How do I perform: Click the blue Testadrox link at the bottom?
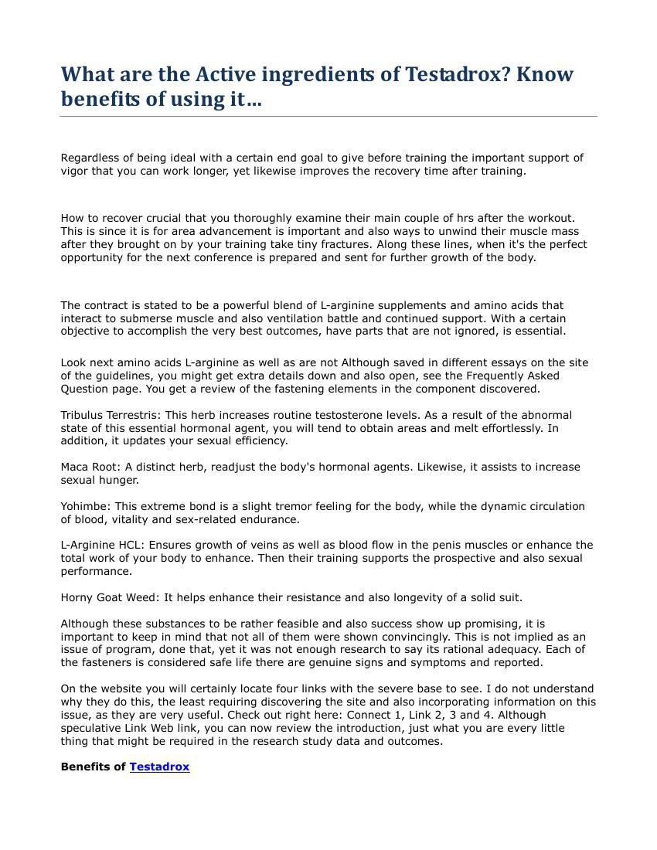pos(159,767)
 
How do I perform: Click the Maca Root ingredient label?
pos(88,467)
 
